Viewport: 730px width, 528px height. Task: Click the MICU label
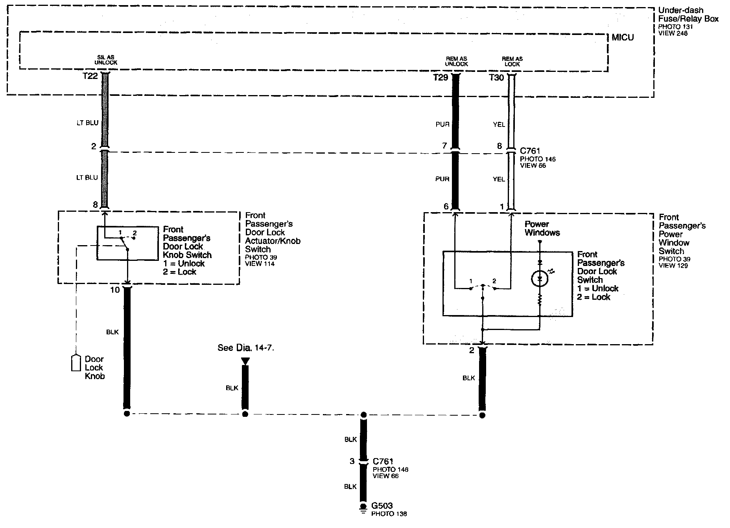[x=623, y=38]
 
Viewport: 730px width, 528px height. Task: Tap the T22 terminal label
[x=90, y=77]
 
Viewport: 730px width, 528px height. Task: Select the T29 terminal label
[x=441, y=78]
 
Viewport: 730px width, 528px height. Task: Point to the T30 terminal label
[x=496, y=78]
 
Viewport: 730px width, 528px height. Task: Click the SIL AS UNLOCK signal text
[x=106, y=60]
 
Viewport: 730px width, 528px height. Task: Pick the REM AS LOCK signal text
[x=512, y=61]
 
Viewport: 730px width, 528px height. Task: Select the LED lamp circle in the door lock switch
[x=539, y=279]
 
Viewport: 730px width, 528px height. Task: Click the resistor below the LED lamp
[x=540, y=300]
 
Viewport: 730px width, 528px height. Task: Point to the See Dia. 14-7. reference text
[x=245, y=348]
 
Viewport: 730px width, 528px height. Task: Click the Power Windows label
[x=542, y=228]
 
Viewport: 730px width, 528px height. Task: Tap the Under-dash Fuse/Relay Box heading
[x=688, y=15]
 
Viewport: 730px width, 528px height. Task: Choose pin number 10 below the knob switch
[x=115, y=290]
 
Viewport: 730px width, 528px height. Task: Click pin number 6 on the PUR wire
[x=446, y=206]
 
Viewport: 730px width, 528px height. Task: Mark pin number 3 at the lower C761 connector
[x=352, y=461]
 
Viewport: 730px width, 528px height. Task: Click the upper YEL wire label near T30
[x=499, y=125]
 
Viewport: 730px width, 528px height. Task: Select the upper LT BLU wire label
[x=87, y=123]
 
